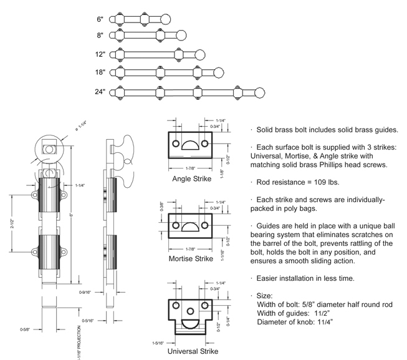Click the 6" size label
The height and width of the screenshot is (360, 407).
pos(100,19)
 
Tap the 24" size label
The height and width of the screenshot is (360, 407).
pos(100,92)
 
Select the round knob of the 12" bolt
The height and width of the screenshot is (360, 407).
pos(199,55)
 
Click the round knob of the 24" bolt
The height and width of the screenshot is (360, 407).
pos(259,93)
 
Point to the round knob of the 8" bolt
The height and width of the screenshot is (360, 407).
pos(181,35)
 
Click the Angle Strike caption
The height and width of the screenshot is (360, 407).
pos(192,178)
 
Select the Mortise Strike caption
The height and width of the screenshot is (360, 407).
pos(191,259)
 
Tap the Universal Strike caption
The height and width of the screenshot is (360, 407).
pos(193,351)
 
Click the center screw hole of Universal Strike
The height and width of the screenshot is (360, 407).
pos(190,311)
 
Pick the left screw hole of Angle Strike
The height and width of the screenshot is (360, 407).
pos(176,144)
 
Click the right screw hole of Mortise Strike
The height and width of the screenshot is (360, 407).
pos(205,225)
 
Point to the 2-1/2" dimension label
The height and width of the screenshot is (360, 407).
pos(12,223)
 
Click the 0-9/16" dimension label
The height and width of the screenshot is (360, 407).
pos(85,292)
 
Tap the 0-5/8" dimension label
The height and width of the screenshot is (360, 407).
pos(25,329)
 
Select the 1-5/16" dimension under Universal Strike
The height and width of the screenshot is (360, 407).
pos(158,343)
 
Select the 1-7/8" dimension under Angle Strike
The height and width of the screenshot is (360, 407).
pos(190,168)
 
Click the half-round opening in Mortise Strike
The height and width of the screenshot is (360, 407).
pos(190,226)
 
